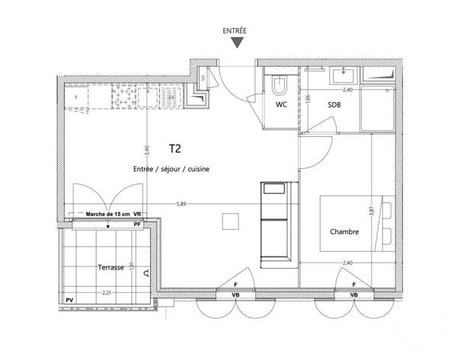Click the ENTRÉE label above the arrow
tap(234, 31)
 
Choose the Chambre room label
tap(344, 231)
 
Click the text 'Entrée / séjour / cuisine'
tap(172, 168)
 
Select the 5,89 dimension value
tap(181, 203)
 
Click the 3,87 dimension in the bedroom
tap(372, 214)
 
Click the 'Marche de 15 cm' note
tap(109, 215)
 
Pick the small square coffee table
tap(231, 221)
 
